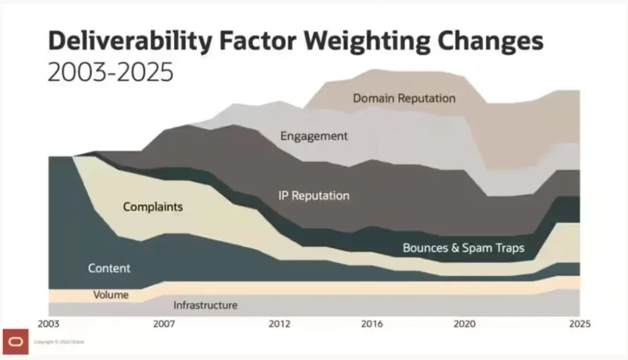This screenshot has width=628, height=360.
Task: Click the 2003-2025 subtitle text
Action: [x=110, y=73]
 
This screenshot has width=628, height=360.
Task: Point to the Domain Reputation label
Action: [x=404, y=98]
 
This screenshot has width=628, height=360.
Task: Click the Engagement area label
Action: [x=314, y=136]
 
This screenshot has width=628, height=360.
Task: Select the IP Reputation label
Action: [x=313, y=196]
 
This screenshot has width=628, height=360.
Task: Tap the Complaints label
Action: [x=153, y=207]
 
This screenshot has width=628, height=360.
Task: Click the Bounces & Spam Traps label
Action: [x=464, y=248]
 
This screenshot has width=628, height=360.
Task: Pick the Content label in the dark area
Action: [x=109, y=268]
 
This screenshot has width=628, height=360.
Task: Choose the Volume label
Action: [x=110, y=295]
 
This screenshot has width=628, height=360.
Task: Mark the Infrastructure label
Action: [x=205, y=305]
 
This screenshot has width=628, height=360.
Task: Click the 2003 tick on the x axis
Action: [x=49, y=323]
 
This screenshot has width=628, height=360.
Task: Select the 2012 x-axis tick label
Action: [x=279, y=323]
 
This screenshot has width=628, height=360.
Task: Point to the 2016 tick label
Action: [x=372, y=323]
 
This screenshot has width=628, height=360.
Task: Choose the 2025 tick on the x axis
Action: [x=579, y=323]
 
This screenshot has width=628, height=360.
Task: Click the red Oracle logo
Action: [x=15, y=342]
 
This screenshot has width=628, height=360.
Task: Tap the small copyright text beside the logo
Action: [x=59, y=342]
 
